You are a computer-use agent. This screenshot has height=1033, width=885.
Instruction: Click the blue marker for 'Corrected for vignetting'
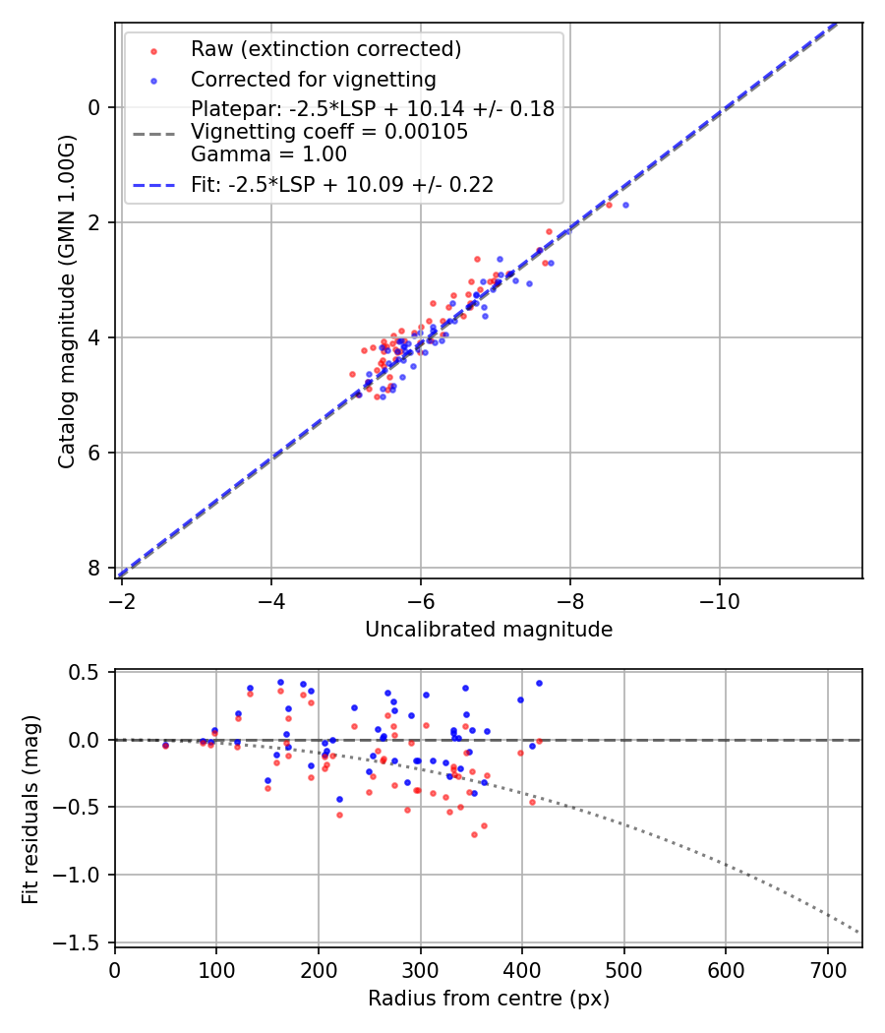click(152, 80)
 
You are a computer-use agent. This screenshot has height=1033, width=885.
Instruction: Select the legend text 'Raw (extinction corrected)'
click(325, 49)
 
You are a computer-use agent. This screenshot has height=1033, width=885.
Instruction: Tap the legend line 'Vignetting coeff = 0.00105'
click(329, 132)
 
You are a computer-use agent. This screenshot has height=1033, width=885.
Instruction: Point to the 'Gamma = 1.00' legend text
click(268, 153)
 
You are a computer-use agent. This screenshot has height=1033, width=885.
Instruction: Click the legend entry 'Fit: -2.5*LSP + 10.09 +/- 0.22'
click(342, 184)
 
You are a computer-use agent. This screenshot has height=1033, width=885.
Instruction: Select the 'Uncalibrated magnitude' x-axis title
click(489, 630)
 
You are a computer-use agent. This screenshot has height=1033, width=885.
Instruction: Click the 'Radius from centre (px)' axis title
click(489, 999)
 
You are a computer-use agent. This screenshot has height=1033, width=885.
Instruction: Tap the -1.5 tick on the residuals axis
click(85, 942)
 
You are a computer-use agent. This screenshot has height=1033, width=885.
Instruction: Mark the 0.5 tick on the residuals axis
click(89, 672)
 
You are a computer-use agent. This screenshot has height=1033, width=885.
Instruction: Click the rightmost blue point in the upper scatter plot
click(625, 205)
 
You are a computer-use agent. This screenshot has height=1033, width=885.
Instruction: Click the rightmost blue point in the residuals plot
click(539, 683)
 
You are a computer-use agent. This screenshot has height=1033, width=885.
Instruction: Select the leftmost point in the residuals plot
click(165, 746)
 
